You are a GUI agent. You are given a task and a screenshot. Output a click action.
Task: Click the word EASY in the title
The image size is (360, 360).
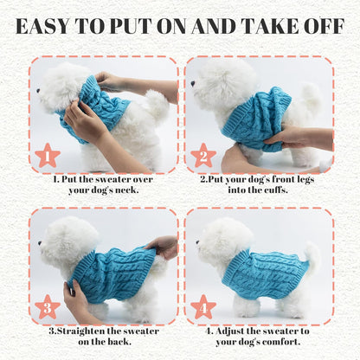point(51,26)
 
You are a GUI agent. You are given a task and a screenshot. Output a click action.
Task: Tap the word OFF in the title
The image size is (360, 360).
point(323,26)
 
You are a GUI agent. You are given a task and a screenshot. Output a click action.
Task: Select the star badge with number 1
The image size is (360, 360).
point(48,157)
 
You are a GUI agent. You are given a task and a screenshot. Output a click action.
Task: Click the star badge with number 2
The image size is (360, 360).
point(204,157)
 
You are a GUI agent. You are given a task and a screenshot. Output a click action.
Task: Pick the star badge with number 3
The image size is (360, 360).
point(48,307)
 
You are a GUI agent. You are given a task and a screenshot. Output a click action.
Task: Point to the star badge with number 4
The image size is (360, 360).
point(204,307)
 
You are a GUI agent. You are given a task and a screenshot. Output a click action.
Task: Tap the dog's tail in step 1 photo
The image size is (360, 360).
point(156,106)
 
